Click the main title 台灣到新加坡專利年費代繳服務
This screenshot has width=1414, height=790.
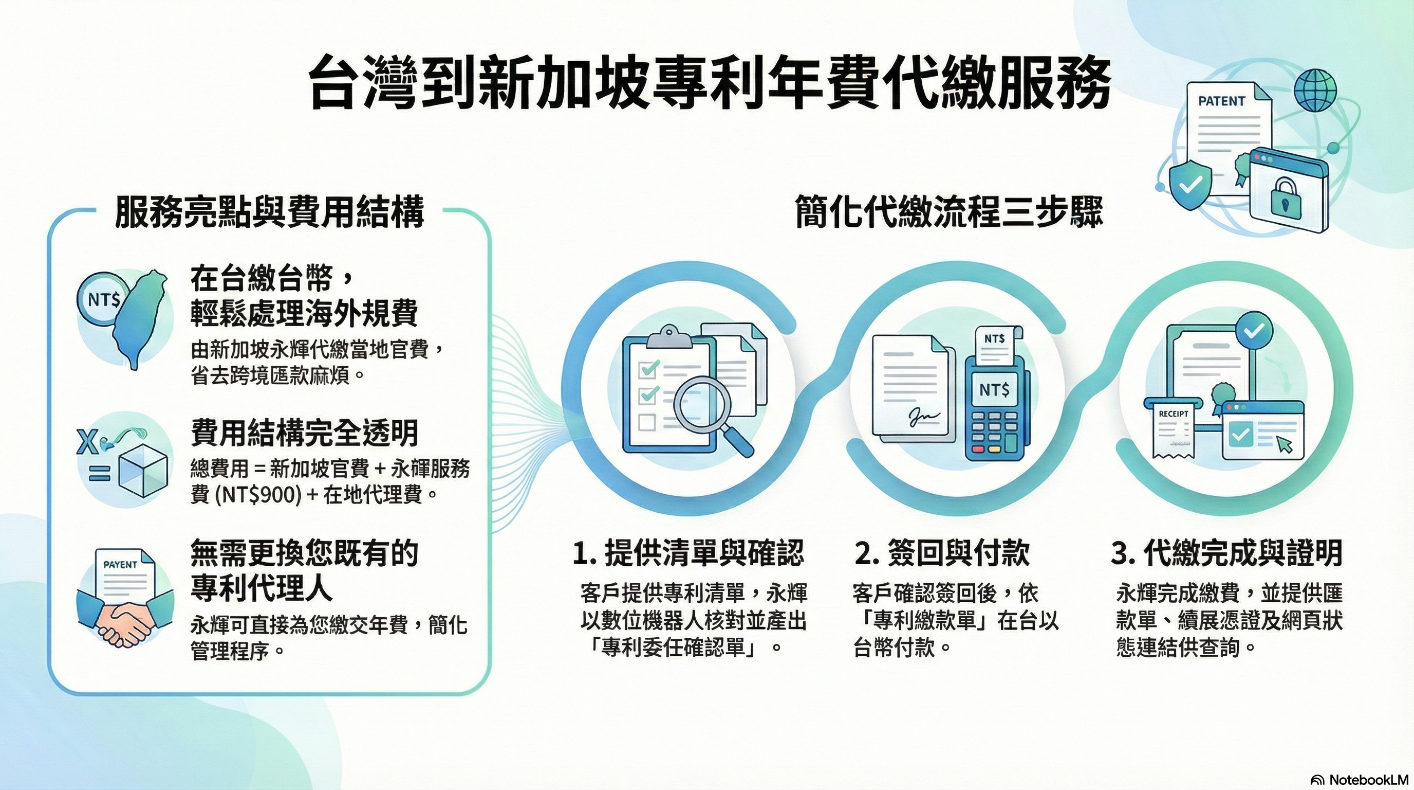point(709,83)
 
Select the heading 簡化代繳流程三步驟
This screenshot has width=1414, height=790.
point(949,212)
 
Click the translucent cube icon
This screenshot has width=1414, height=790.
point(143,470)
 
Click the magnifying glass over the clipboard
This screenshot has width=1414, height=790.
point(708,415)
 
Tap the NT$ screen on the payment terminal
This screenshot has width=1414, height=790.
point(994,390)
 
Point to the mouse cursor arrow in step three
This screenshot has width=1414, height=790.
point(1285,443)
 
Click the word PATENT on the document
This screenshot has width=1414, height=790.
point(1222,101)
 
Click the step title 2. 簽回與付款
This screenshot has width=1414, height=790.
point(942,553)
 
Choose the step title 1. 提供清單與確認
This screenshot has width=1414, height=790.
point(689,553)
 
